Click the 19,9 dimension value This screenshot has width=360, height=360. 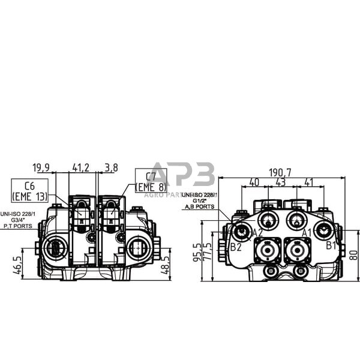(x=41, y=167)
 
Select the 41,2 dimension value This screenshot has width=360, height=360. (x=81, y=167)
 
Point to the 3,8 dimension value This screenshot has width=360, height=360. (x=110, y=167)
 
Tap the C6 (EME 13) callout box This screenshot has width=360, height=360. (x=29, y=190)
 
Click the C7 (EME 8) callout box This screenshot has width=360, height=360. (x=151, y=181)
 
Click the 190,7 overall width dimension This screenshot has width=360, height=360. (x=280, y=172)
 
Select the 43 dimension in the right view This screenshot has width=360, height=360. (x=280, y=182)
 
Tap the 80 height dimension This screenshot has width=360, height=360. (x=353, y=254)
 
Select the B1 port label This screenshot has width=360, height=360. (x=332, y=245)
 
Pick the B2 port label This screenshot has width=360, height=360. (x=236, y=247)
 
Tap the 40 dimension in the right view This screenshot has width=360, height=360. (x=254, y=182)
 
